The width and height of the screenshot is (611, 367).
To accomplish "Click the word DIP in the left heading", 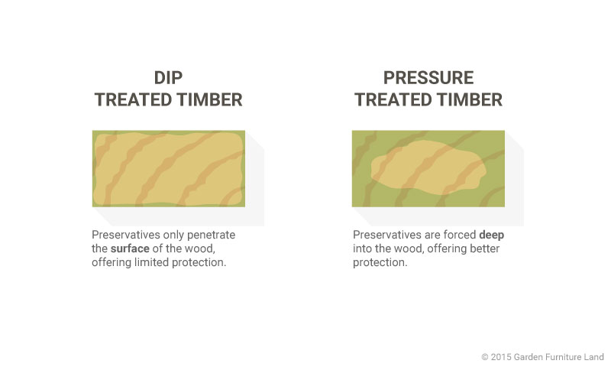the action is (168, 78).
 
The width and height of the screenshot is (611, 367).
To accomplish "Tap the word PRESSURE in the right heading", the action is (428, 78).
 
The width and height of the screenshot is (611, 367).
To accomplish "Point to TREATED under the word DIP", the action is (137, 100).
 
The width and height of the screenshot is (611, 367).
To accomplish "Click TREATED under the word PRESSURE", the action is (396, 100).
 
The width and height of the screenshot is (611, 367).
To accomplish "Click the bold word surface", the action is (130, 248).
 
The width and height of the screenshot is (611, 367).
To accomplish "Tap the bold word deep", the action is (491, 235).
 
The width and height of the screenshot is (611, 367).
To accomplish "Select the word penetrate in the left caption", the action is (211, 235).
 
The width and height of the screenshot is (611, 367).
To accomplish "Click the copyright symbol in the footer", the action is (485, 357).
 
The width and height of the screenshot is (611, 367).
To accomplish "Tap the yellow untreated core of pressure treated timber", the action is (428, 167).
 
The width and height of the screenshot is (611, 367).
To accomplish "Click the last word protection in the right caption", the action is (380, 262).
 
